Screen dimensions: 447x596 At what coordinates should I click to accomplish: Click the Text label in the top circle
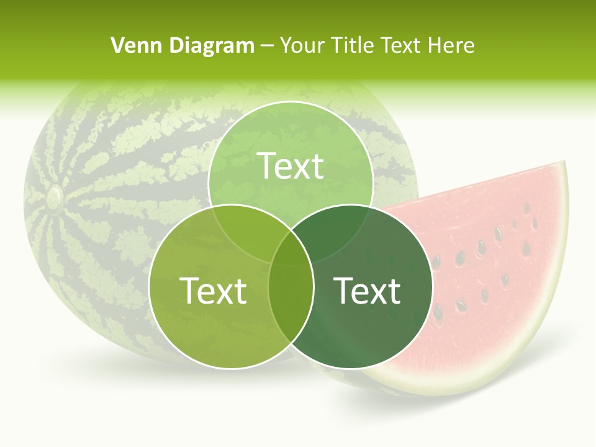click(x=291, y=166)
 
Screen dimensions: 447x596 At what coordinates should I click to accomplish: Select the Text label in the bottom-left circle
click(x=213, y=291)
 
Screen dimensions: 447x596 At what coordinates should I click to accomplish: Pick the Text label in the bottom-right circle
click(x=368, y=291)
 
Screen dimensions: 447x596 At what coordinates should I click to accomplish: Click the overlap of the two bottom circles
click(x=291, y=298)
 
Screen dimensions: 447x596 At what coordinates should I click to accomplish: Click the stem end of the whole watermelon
click(x=54, y=197)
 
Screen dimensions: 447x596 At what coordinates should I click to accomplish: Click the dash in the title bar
click(x=267, y=46)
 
